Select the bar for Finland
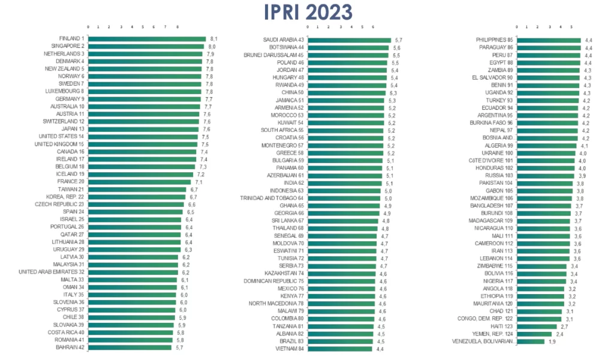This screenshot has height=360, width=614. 147,39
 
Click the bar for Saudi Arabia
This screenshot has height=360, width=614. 350,40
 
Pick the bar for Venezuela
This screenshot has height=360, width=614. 531,341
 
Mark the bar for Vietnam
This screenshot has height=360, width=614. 340,349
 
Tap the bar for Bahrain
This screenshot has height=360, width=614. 130,347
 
